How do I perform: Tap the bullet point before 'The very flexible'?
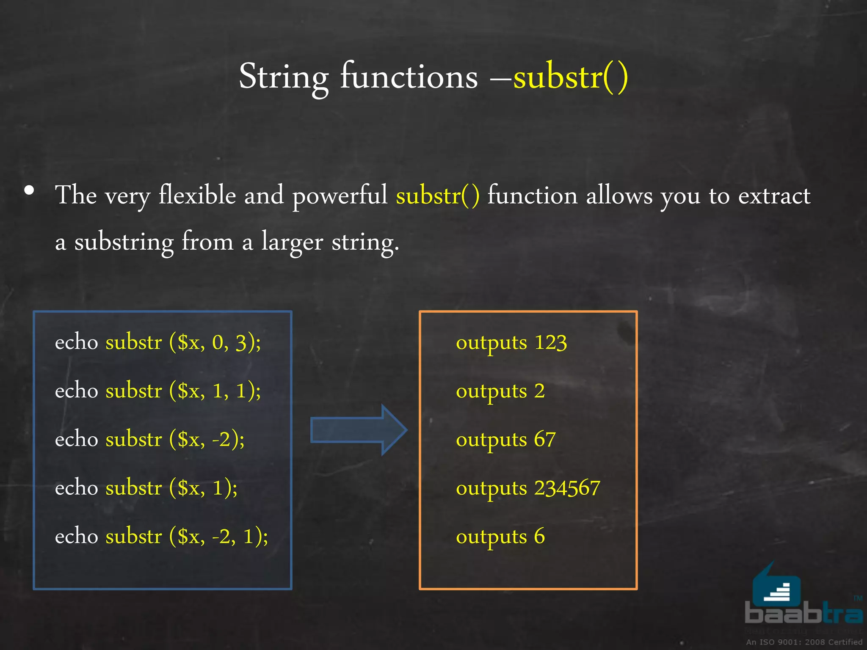click(x=29, y=190)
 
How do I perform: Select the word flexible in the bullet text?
click(x=197, y=196)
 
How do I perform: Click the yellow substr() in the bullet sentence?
click(x=438, y=196)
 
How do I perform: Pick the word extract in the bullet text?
click(x=774, y=196)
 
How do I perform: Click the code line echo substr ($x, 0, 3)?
click(x=158, y=342)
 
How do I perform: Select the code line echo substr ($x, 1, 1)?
click(x=158, y=391)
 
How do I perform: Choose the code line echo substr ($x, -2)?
click(x=150, y=439)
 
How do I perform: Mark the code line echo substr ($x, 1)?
click(x=146, y=488)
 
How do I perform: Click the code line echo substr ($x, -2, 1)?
click(x=161, y=537)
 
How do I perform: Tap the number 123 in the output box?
click(x=550, y=342)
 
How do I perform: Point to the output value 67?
click(x=545, y=439)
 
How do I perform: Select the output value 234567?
click(x=567, y=488)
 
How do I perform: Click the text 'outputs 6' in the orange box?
click(x=500, y=537)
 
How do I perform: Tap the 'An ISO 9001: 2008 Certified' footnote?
click(x=804, y=642)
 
